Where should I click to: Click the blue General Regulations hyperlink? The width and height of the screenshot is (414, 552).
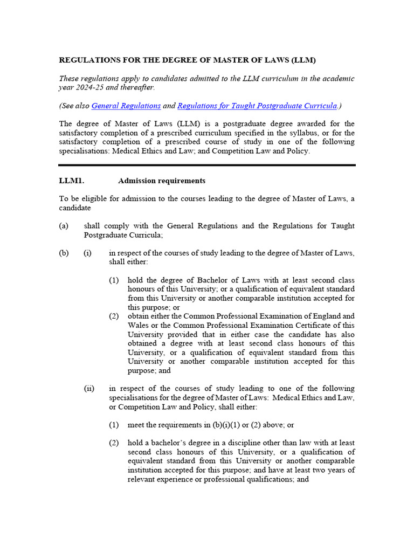(x=126, y=106)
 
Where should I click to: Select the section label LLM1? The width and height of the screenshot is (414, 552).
(x=71, y=181)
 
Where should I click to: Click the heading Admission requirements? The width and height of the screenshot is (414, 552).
(x=161, y=181)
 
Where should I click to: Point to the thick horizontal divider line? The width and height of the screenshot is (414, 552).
(x=207, y=165)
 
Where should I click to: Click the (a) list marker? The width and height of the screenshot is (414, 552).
(x=64, y=226)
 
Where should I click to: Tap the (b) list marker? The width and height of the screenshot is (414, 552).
(x=64, y=253)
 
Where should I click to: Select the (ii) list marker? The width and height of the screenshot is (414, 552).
(x=89, y=388)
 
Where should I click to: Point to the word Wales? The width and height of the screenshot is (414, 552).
(x=139, y=325)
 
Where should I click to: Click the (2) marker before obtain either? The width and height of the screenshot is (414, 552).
(x=114, y=316)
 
